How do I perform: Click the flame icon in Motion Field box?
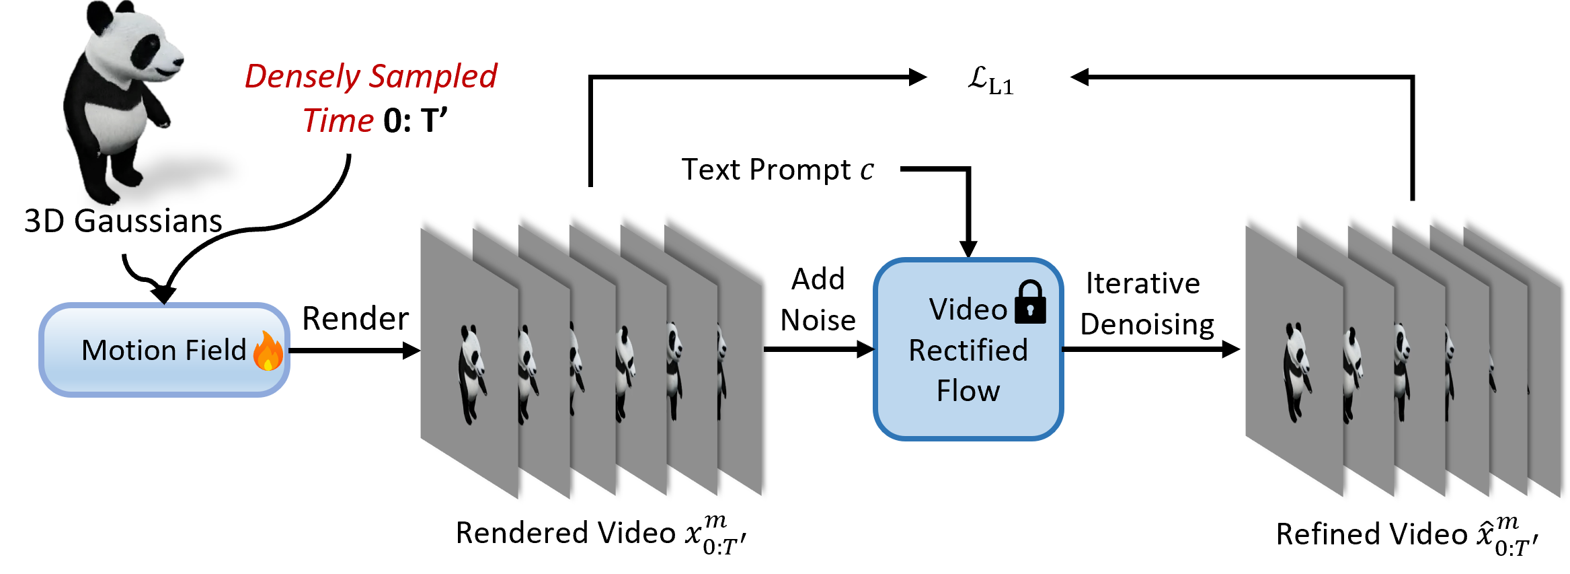pyautogui.click(x=268, y=351)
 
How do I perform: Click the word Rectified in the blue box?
pyautogui.click(x=968, y=351)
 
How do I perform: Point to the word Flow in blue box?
pyautogui.click(x=968, y=391)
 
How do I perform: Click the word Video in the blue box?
pyautogui.click(x=968, y=310)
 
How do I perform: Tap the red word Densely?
pyautogui.click(x=302, y=77)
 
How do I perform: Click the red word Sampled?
pyautogui.click(x=434, y=77)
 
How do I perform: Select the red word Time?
pyautogui.click(x=338, y=121)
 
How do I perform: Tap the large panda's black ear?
pyautogui.click(x=100, y=13)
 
